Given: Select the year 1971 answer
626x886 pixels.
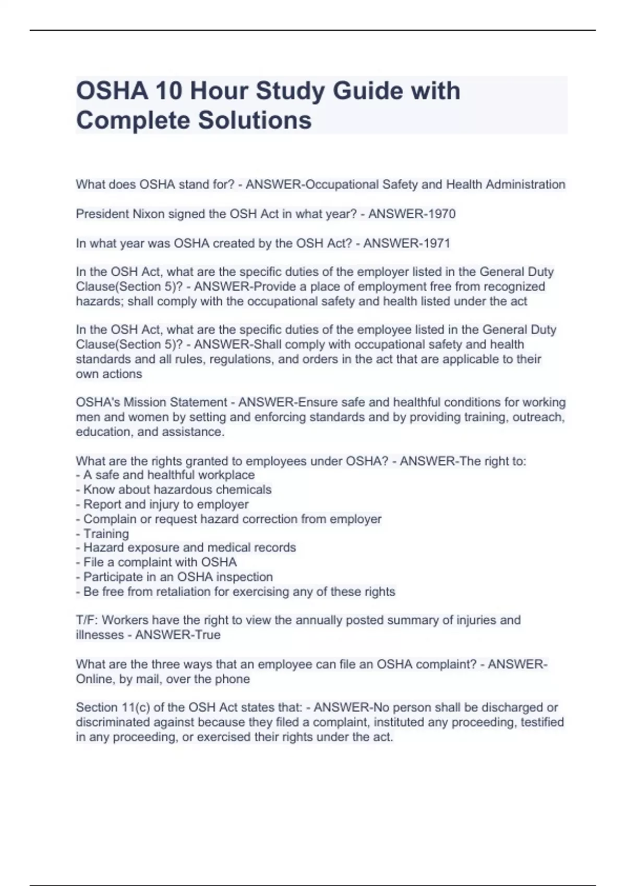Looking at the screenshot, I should click(436, 243).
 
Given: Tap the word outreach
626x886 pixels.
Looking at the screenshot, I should click(538, 417).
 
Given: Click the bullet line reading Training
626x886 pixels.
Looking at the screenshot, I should click(106, 534).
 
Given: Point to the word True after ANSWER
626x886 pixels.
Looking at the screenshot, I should click(208, 635).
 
